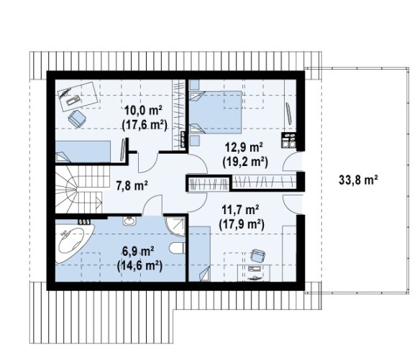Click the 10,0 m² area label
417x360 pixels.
point(143,110)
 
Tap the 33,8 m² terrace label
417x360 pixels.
point(358,180)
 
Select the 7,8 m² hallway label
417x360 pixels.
point(132,185)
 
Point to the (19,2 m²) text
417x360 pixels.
point(245,161)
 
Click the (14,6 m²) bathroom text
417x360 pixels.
point(139,265)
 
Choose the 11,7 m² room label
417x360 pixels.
point(241,210)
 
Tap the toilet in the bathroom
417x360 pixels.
point(177,247)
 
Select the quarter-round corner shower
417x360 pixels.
point(175,226)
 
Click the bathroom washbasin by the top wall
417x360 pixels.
point(129,221)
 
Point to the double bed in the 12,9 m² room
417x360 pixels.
point(216,112)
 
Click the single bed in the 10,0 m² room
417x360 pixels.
point(83,152)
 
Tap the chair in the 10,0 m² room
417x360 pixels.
point(77,119)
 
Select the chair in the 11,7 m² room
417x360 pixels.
point(257,255)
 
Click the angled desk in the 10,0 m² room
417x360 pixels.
point(78,96)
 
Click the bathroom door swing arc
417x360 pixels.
point(152,204)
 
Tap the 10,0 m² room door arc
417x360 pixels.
point(147,162)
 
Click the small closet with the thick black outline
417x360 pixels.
point(208,183)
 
